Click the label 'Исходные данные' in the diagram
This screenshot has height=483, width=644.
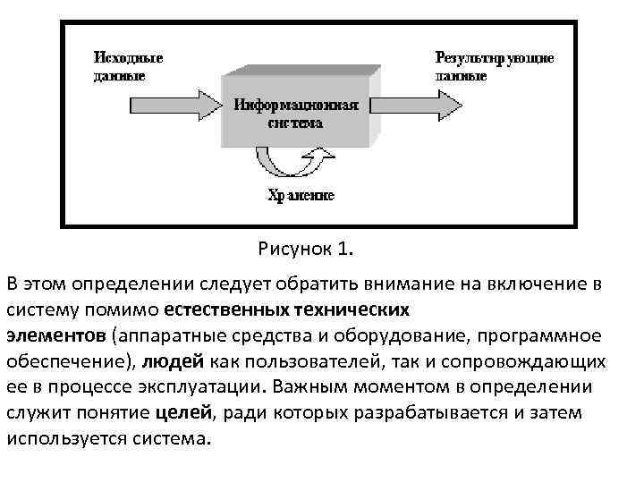[128, 66]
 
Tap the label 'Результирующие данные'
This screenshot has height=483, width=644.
[494, 66]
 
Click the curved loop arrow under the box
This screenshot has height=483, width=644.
[296, 165]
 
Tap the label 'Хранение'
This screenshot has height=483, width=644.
[301, 196]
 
